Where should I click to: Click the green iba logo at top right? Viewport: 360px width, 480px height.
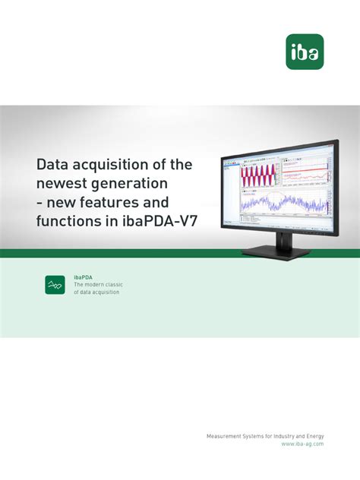point(305,51)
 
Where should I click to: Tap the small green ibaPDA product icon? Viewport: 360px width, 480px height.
point(55,284)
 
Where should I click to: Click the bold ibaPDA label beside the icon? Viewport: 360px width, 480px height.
point(84,277)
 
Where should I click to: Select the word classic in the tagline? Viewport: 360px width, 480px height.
point(112,285)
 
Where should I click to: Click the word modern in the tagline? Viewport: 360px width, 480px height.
point(94,285)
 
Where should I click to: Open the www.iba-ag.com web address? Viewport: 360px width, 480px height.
point(302,444)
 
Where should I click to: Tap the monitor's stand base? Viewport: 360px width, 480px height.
point(275,251)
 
